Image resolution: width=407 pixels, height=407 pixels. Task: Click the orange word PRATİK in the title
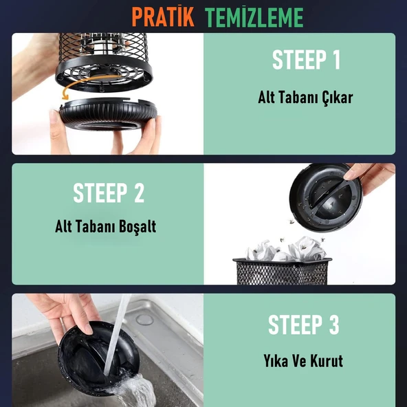point(163,17)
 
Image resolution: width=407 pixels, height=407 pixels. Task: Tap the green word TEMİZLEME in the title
point(254,17)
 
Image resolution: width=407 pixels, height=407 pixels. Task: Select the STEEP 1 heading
point(306,60)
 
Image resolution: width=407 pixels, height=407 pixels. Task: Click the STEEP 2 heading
point(109,192)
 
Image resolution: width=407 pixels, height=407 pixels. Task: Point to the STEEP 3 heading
point(304,324)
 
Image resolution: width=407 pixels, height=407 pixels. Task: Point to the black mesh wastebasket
point(282,272)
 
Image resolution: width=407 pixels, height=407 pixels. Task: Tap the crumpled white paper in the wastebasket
point(285,250)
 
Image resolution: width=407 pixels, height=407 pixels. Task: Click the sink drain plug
point(145,320)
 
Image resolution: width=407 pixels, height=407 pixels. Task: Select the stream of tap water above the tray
point(117,335)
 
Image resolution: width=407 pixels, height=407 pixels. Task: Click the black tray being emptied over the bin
point(326,197)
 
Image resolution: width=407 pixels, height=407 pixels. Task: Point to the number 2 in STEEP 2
point(139,192)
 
